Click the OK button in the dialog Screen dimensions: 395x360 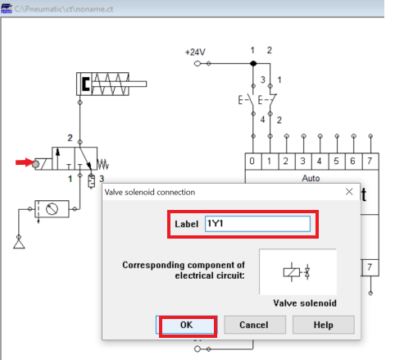click(x=187, y=325)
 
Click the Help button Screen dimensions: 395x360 click(x=324, y=325)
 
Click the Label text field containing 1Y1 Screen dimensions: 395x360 click(x=257, y=224)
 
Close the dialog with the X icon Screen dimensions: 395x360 click(x=349, y=192)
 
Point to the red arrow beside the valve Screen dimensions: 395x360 click(x=25, y=162)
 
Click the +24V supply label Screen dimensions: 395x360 click(x=195, y=52)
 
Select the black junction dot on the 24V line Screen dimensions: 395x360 click(x=253, y=63)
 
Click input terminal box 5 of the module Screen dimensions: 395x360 click(x=337, y=162)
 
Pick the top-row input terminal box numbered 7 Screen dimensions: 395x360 click(x=370, y=162)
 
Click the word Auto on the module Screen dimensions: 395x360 click(x=311, y=178)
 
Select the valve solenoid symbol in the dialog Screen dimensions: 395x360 click(x=297, y=272)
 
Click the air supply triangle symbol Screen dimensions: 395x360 click(x=19, y=244)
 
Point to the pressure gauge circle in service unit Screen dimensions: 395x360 click(x=52, y=209)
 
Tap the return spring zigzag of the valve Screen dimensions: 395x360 click(x=103, y=164)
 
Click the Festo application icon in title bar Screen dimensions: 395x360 click(x=7, y=8)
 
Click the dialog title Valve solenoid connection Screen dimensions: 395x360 click(x=150, y=192)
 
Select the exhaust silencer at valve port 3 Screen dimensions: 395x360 click(x=91, y=181)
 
